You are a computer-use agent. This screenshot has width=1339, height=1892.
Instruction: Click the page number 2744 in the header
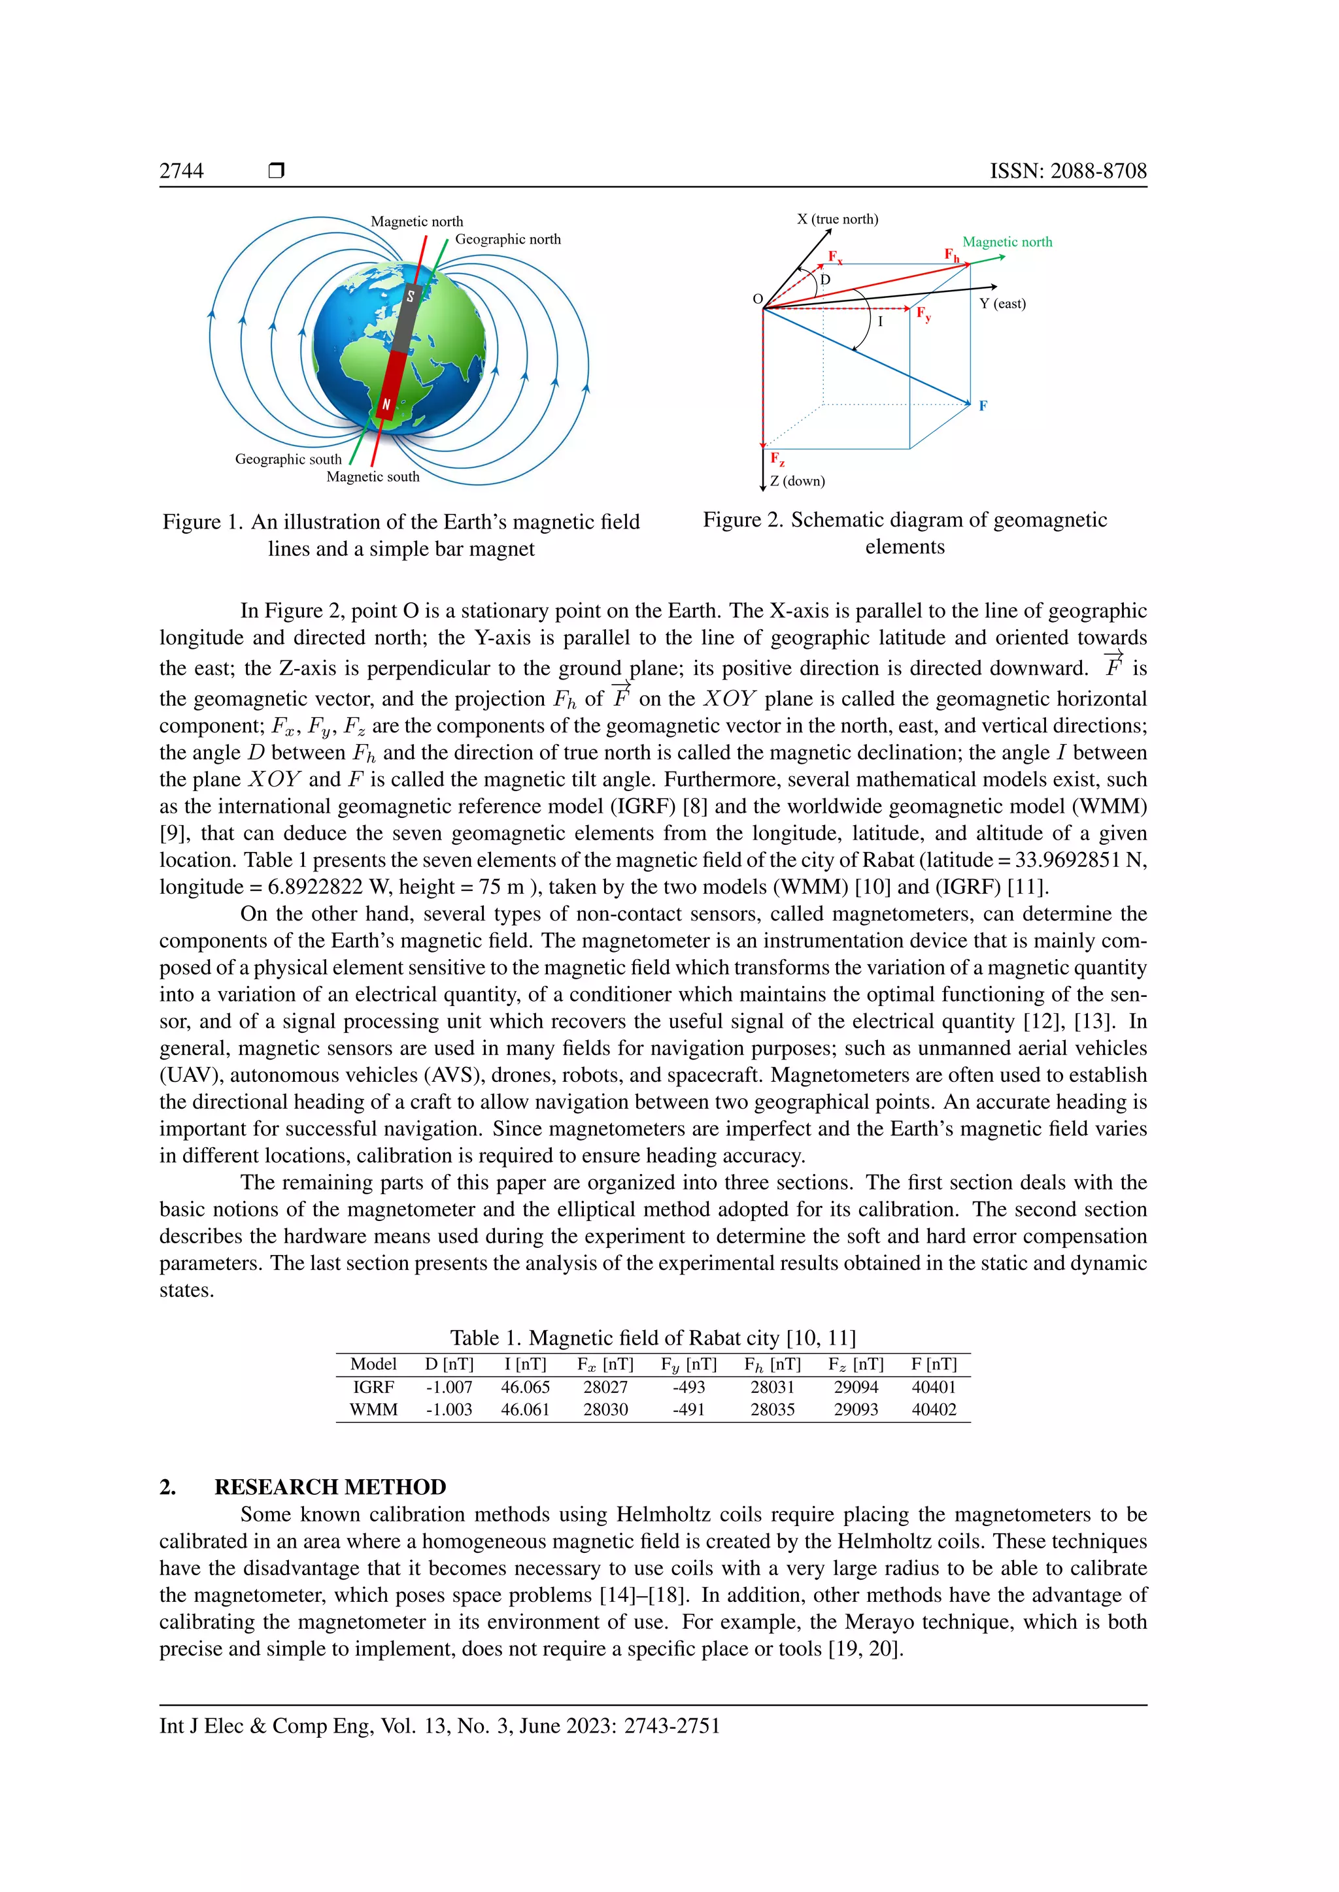point(181,171)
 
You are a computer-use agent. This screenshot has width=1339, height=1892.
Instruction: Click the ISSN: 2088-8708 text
point(1068,171)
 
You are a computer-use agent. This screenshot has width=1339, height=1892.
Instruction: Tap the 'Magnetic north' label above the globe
point(416,221)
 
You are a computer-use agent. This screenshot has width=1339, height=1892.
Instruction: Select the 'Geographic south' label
point(288,459)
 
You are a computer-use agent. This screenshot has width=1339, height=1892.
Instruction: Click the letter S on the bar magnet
point(411,296)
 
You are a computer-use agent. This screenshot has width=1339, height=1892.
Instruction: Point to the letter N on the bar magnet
point(385,404)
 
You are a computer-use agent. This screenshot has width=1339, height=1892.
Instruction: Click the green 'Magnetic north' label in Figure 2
point(1007,242)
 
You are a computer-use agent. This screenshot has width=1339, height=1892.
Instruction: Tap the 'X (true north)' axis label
point(837,220)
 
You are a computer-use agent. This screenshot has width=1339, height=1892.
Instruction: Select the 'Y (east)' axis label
point(1002,303)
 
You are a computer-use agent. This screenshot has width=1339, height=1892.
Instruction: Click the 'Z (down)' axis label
point(796,481)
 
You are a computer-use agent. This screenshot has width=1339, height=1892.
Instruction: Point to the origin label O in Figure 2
point(757,299)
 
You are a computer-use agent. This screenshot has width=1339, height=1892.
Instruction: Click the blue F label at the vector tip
point(983,406)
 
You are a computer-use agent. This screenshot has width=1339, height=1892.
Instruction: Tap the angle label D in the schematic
point(824,280)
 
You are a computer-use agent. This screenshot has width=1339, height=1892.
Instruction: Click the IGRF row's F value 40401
point(934,1387)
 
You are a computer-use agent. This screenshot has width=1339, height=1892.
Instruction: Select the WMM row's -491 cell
point(688,1409)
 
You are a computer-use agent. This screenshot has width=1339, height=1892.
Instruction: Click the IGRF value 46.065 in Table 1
point(524,1387)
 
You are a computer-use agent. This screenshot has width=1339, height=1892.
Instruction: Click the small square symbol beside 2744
point(276,171)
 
